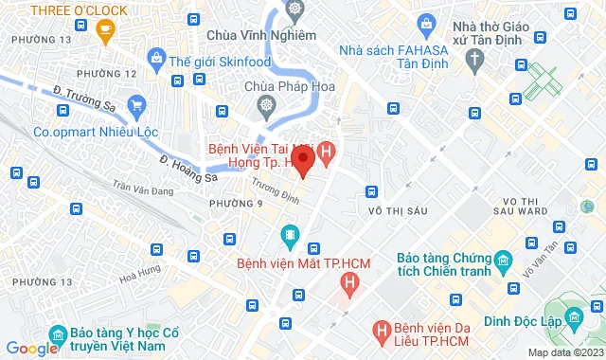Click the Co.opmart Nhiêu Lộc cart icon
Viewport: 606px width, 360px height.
138,104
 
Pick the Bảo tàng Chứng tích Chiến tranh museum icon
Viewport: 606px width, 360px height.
502,259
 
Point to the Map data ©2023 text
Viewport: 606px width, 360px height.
564,352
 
